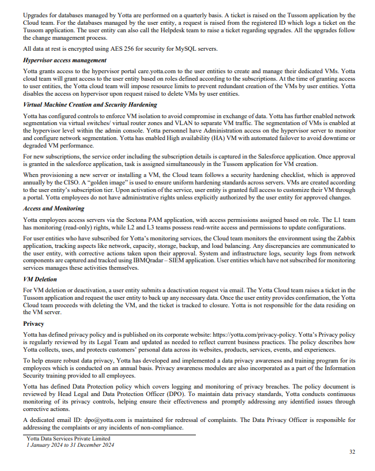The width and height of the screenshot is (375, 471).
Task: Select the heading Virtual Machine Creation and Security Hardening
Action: pos(89,105)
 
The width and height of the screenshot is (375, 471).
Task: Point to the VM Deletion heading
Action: pos(40,279)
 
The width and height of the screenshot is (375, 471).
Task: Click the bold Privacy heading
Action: pos(33,324)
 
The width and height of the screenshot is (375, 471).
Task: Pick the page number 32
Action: pos(352,453)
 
